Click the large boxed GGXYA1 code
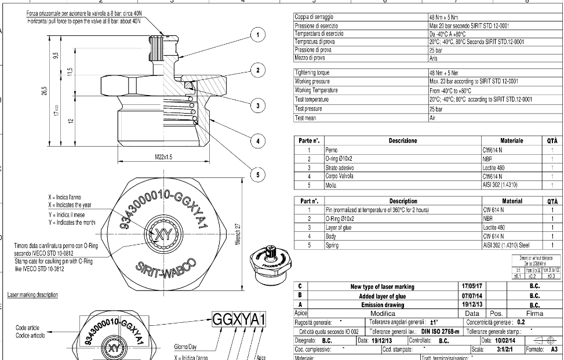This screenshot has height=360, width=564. (x=239, y=321)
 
